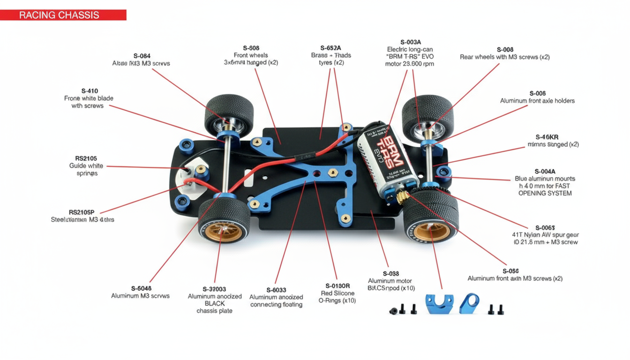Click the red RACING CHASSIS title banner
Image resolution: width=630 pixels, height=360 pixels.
(x=63, y=15)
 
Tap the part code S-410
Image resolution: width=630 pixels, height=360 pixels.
(x=90, y=91)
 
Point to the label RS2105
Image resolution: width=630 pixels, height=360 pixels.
(x=86, y=158)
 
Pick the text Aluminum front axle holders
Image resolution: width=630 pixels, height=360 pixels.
(x=537, y=101)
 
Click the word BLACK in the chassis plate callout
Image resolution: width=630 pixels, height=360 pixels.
(x=215, y=303)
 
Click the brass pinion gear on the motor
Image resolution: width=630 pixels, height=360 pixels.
(x=404, y=197)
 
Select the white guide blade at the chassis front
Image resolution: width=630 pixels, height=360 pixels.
(x=191, y=180)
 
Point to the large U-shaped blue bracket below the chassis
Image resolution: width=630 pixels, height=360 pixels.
(x=439, y=304)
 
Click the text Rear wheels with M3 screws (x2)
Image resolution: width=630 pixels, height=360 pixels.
(x=505, y=57)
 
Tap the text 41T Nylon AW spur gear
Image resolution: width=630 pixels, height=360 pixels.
(x=545, y=235)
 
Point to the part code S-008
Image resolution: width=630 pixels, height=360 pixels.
(x=505, y=50)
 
